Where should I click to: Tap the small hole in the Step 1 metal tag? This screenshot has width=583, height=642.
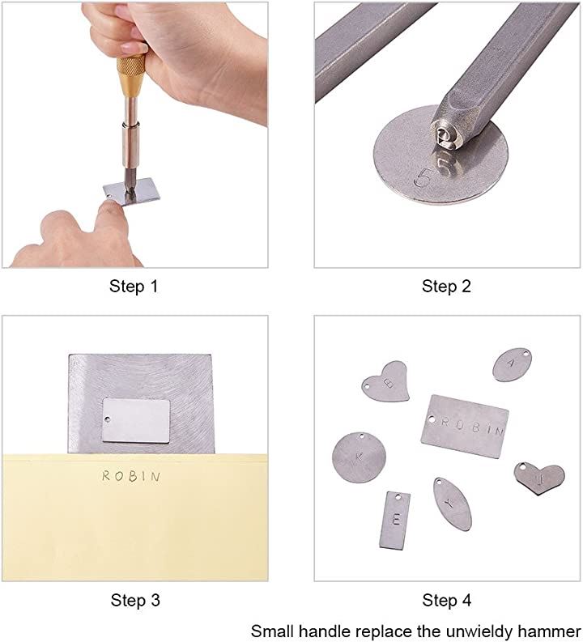[x=109, y=198]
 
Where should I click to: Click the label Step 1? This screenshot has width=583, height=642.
[x=134, y=287]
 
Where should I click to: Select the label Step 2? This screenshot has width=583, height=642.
[x=446, y=287]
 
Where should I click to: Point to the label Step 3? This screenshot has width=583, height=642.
[x=134, y=600]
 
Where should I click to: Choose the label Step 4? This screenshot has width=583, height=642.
[x=447, y=600]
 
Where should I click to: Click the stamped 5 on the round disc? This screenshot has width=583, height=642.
[x=422, y=178]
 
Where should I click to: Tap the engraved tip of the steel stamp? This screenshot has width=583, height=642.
[x=445, y=138]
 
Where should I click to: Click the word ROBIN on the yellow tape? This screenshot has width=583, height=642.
[x=131, y=476]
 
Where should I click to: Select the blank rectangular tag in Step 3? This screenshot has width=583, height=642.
[x=136, y=420]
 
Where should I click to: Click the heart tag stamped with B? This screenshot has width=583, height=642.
[x=386, y=381]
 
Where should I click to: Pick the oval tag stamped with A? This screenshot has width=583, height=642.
[x=513, y=364]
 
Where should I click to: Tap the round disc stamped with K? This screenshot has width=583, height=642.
[x=359, y=457]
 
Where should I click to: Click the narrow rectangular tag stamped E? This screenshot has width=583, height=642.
[x=394, y=520]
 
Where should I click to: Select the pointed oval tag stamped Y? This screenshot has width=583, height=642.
[x=453, y=504]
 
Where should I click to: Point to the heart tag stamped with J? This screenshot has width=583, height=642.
[x=539, y=478]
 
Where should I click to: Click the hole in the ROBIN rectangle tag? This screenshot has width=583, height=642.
[x=431, y=419]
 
